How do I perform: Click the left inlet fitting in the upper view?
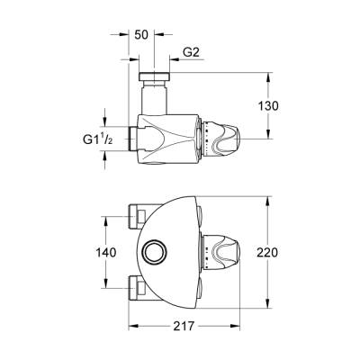coord(137,138)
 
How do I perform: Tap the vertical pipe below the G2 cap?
coord(155,94)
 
